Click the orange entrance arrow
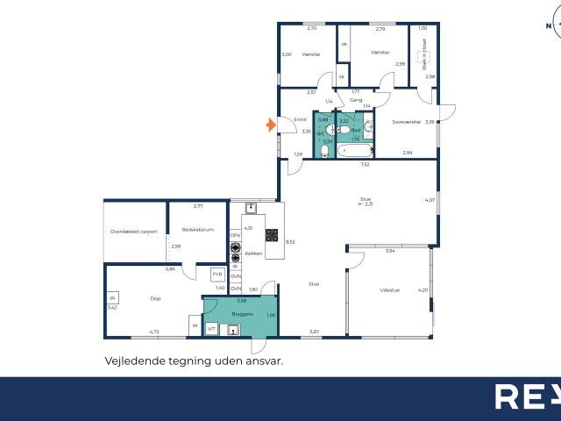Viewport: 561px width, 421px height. pyautogui.click(x=271, y=125)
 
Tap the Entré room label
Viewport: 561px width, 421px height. pyautogui.click(x=299, y=119)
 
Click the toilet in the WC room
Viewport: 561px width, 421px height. pyautogui.click(x=324, y=131)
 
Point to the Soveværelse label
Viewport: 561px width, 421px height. pyautogui.click(x=407, y=122)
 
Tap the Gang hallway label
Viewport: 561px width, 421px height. pyautogui.click(x=356, y=100)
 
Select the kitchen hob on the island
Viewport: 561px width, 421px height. pyautogui.click(x=272, y=235)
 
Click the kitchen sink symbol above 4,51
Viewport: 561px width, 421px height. pyautogui.click(x=252, y=209)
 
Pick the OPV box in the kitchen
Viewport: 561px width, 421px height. pyautogui.click(x=235, y=236)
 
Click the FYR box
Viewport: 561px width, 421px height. pyautogui.click(x=217, y=275)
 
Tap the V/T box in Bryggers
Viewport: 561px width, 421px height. pyautogui.click(x=210, y=328)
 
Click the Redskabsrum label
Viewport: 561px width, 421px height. pyautogui.click(x=198, y=230)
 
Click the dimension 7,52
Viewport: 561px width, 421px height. pyautogui.click(x=365, y=164)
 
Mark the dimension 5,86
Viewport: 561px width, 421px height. pyautogui.click(x=170, y=268)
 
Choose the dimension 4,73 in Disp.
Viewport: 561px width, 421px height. pyautogui.click(x=153, y=332)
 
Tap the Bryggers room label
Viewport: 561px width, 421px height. pyautogui.click(x=243, y=312)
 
